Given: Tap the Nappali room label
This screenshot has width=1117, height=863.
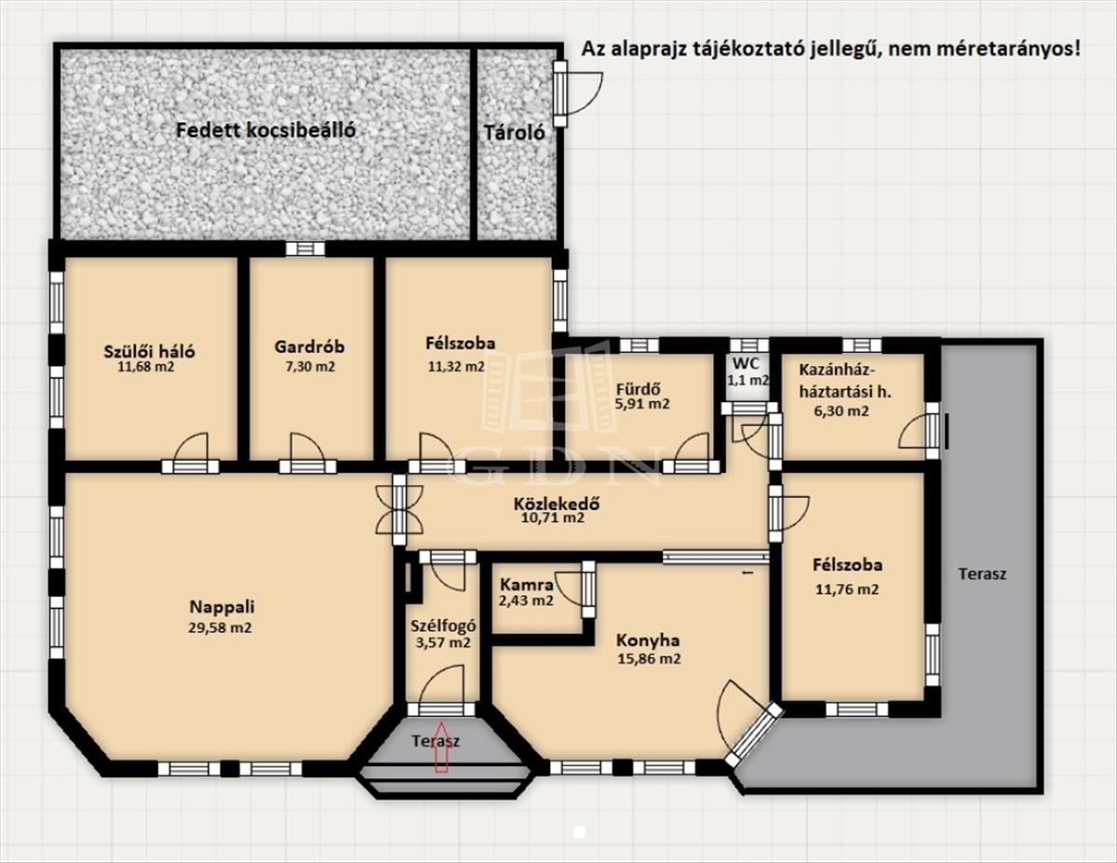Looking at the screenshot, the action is click(222, 607).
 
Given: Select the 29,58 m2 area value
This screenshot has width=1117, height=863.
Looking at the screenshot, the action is click(220, 628).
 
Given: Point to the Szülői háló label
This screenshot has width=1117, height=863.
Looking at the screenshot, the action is click(150, 352).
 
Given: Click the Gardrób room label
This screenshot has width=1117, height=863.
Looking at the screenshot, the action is click(309, 347).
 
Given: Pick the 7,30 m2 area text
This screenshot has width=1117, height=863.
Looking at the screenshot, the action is click(311, 367).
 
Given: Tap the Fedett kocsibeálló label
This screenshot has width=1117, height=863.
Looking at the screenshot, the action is click(266, 130).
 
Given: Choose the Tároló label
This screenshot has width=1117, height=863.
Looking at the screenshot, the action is click(514, 133).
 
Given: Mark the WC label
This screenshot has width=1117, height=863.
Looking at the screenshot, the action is click(746, 363).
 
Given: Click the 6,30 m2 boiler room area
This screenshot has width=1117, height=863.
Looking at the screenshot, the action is click(841, 411).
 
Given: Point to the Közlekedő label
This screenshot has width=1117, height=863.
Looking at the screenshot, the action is click(557, 504).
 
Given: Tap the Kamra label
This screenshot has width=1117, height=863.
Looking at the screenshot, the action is click(527, 585).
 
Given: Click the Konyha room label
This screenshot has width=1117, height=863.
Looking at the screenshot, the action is click(648, 641).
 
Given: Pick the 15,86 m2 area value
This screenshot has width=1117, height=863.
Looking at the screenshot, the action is click(649, 659).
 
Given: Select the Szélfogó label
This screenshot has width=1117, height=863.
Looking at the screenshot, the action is click(443, 626).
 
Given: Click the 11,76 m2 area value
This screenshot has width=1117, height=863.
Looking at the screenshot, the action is click(847, 589).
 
